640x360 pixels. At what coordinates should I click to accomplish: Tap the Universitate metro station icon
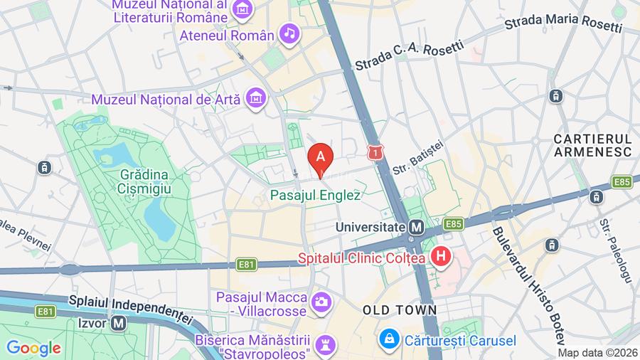[x=417, y=227]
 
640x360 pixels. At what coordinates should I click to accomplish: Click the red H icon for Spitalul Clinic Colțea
[x=442, y=257]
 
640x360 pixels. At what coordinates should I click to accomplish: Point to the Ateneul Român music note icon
[x=289, y=33]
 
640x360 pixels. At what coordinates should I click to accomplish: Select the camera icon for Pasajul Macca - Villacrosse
[x=321, y=302]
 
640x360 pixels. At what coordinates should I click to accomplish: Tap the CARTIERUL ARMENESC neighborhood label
[x=592, y=144]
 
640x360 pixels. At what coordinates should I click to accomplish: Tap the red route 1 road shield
[x=375, y=152]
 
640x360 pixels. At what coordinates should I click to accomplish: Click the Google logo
[x=33, y=348]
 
